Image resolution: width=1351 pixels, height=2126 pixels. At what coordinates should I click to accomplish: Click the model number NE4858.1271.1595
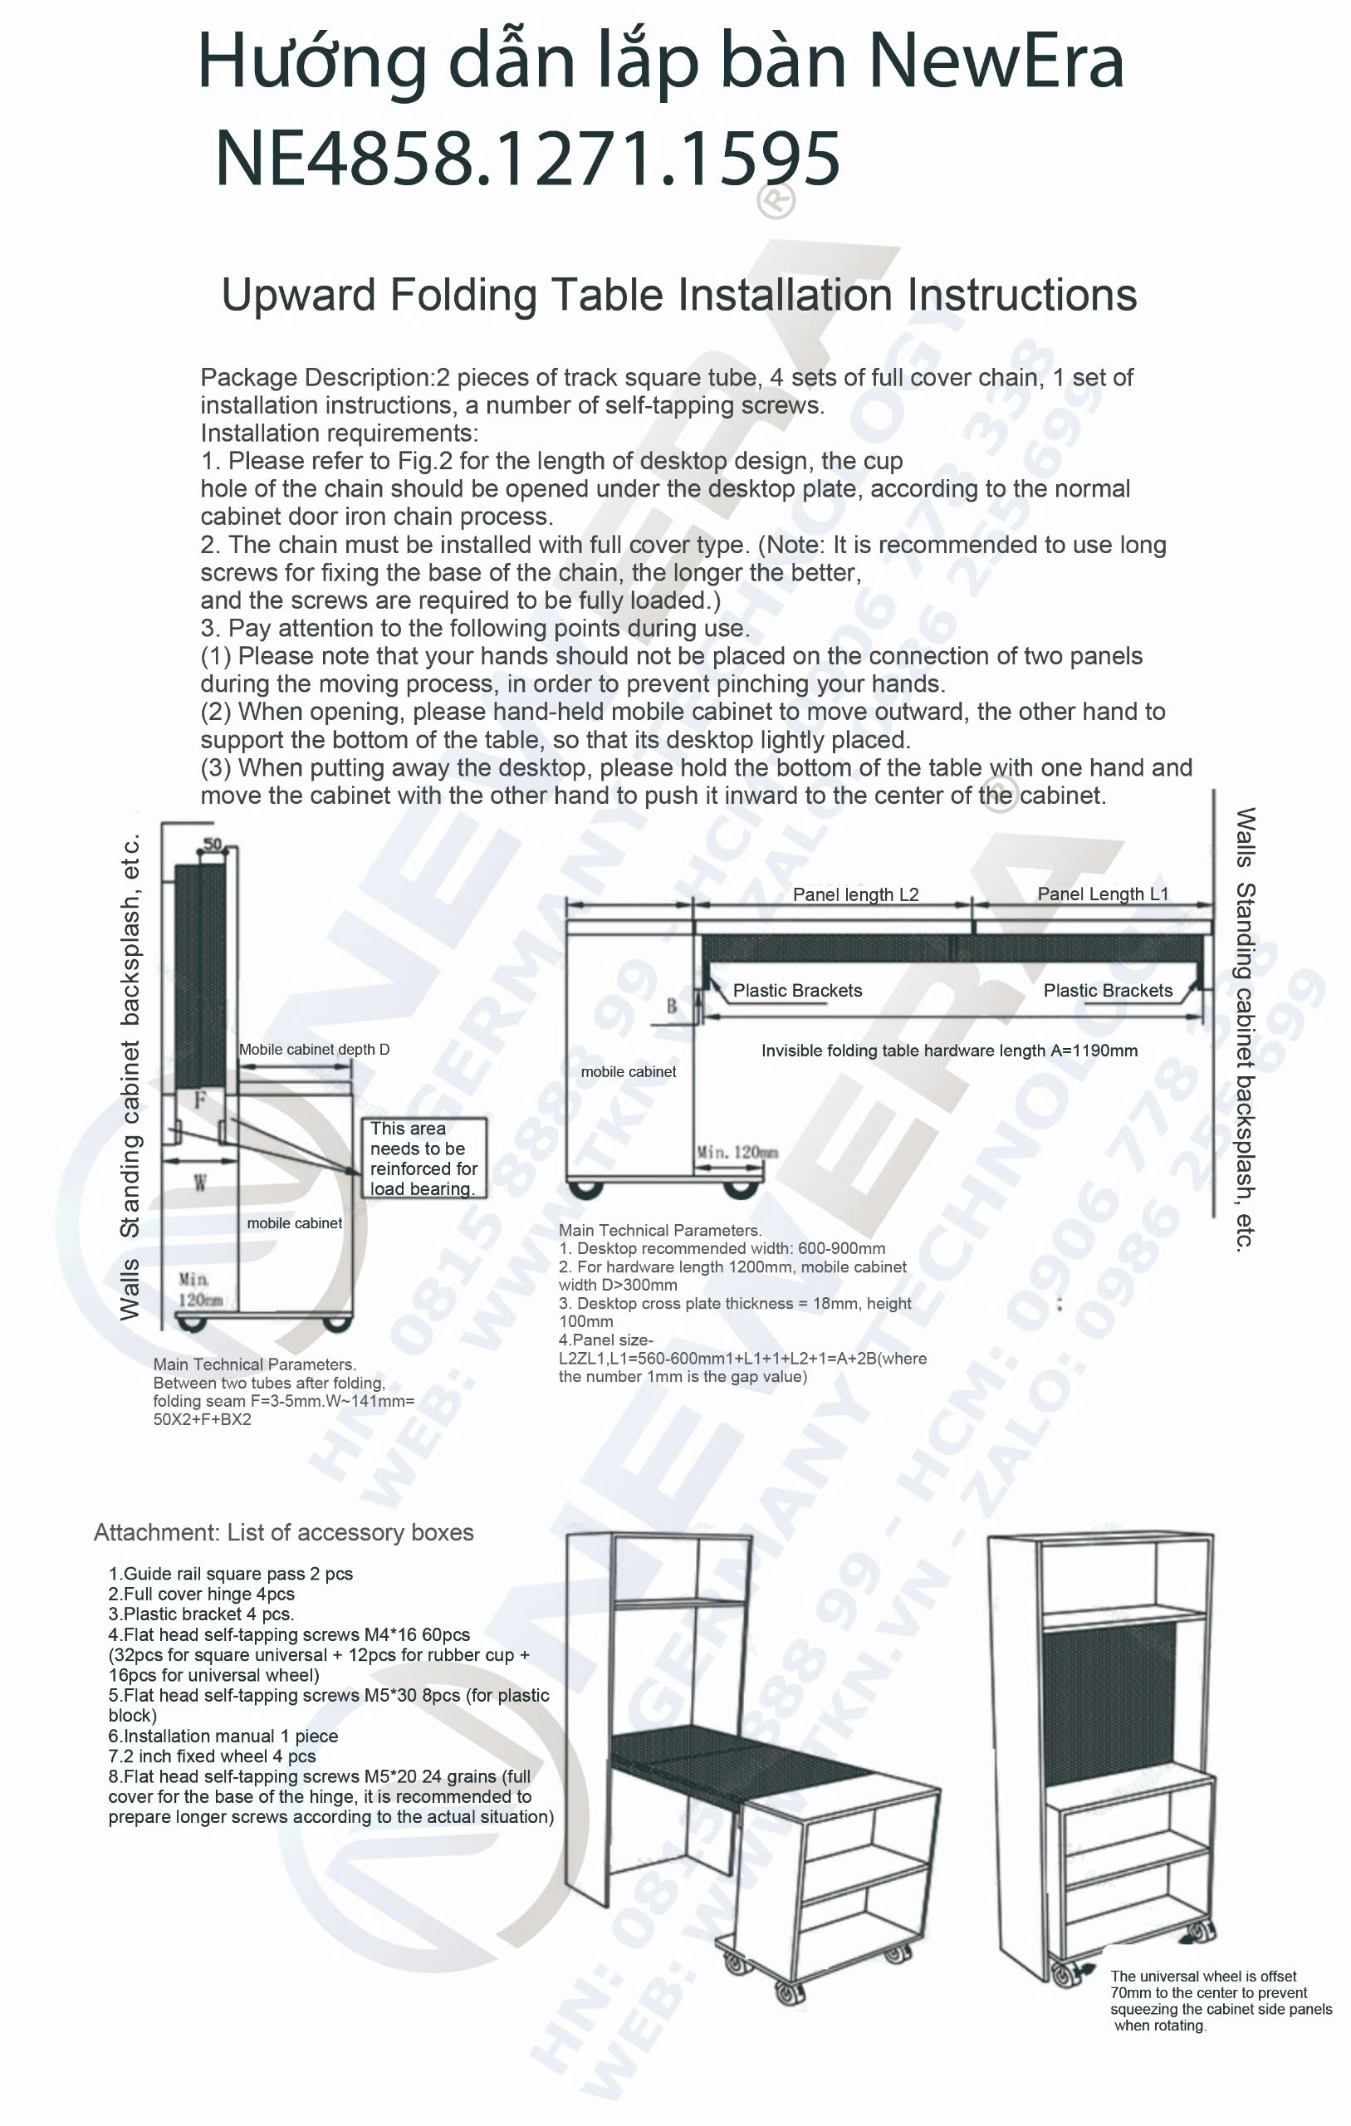point(527,159)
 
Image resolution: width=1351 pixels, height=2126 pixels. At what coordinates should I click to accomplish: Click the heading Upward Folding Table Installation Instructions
point(678,295)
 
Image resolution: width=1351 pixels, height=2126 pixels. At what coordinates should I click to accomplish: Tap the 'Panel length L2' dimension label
point(854,894)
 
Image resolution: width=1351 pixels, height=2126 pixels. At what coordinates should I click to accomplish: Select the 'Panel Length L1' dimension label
point(1102,894)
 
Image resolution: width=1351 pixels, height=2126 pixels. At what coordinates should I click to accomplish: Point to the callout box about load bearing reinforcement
point(423,1158)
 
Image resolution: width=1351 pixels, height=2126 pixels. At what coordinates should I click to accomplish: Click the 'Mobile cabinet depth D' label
point(314,1049)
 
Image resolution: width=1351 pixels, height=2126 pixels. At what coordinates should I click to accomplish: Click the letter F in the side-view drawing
point(199,1100)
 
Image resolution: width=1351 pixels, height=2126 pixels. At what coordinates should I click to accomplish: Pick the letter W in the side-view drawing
point(200,1183)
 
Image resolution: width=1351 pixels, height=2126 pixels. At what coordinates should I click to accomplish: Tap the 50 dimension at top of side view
point(213,844)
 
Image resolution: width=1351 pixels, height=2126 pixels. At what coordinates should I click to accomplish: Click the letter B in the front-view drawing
point(671,1006)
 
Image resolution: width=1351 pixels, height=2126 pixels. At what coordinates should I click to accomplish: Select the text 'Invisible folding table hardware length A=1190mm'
point(949,1051)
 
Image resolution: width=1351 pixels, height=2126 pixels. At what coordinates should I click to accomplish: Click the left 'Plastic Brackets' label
point(797,991)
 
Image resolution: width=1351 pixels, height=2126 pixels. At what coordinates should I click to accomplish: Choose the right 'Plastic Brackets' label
point(1108,991)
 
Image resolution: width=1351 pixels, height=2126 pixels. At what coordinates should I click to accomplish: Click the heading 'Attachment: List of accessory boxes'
point(283,1532)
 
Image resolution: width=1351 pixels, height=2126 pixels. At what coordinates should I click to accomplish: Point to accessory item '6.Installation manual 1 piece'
point(223,1736)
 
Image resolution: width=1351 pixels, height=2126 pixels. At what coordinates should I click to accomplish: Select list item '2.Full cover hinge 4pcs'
point(201,1594)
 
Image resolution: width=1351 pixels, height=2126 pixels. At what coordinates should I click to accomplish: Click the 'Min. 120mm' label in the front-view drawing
point(737,1151)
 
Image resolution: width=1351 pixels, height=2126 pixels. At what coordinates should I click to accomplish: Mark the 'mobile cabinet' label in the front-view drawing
point(628,1072)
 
